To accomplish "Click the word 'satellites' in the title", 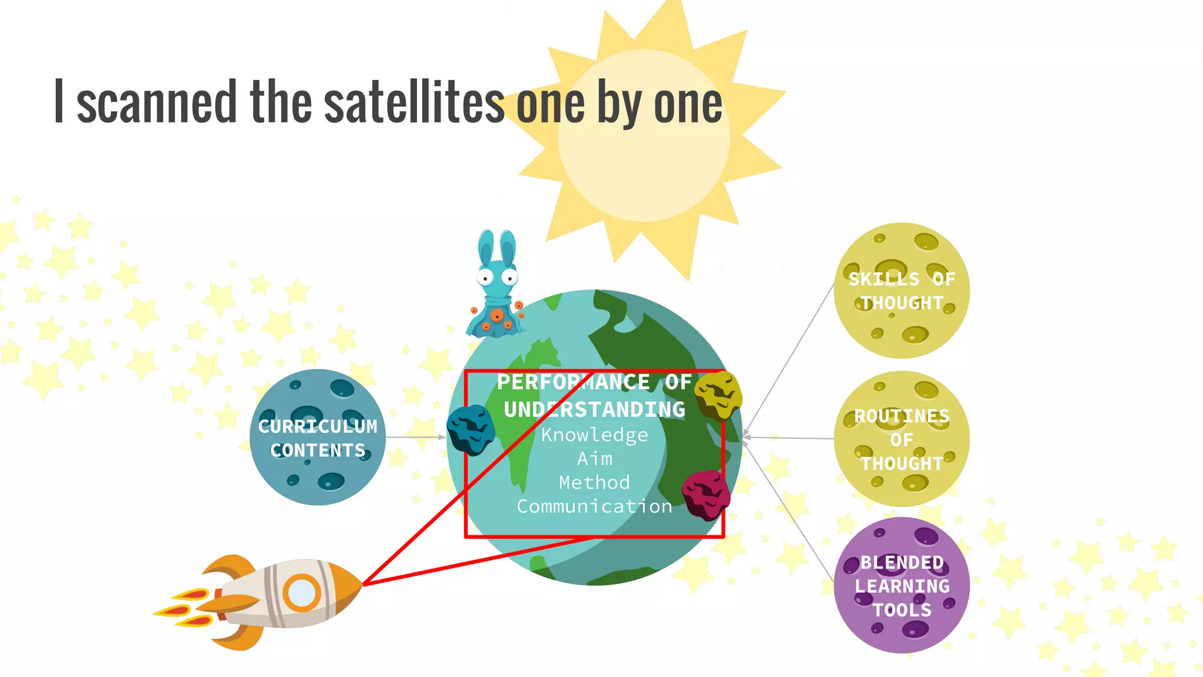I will point(414,103).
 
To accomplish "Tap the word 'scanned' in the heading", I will point(156,103).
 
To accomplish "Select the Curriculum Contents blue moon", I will point(318,437).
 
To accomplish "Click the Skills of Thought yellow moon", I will point(902,290).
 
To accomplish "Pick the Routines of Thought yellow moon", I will point(902,439).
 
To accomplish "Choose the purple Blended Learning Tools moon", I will point(902,585).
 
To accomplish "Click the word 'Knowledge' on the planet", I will point(594,435).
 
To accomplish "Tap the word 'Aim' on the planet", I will point(594,458).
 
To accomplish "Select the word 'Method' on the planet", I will point(594,482).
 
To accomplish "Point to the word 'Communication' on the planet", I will point(594,507).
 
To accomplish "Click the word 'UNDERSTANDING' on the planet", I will point(594,410).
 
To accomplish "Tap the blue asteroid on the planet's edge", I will point(471,430).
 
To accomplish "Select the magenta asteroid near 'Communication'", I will point(706,495).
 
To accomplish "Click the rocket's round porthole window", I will point(302,593).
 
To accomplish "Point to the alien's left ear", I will point(486,247).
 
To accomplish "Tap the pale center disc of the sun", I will point(644,136).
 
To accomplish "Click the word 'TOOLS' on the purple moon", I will point(902,610).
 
